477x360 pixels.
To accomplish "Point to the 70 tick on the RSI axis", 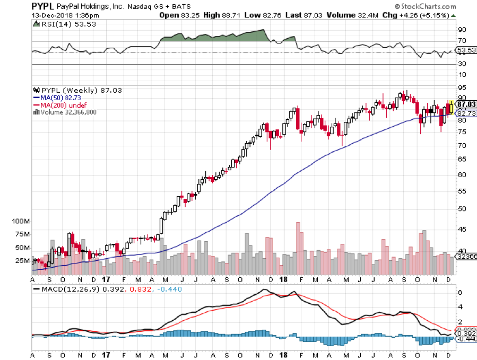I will click(x=463, y=41).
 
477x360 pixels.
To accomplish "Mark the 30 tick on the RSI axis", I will click(x=463, y=64).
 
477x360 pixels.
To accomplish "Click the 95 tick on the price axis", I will click(x=463, y=87).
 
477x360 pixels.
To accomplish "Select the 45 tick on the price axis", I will click(x=463, y=230).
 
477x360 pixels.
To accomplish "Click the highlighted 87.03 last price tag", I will click(x=465, y=104).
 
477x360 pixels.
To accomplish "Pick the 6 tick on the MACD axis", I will click(x=461, y=293).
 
